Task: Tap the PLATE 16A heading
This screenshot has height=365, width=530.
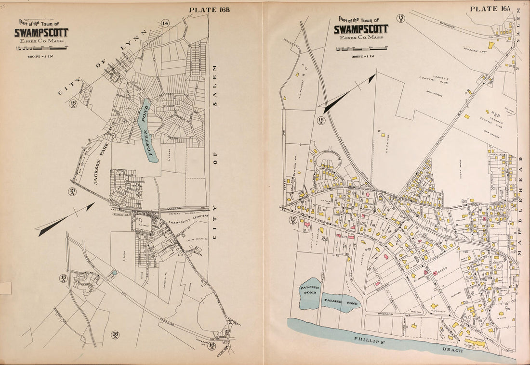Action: click(x=490, y=9)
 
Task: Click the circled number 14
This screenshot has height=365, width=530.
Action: click(x=166, y=24)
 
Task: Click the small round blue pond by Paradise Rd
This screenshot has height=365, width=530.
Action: click(x=114, y=273)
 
